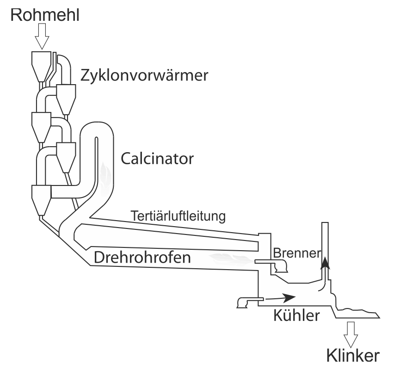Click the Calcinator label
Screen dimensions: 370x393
tap(156, 159)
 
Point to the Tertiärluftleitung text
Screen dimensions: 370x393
tap(178, 216)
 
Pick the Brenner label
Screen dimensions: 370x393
tap(296, 253)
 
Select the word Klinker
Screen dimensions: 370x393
tap(354, 356)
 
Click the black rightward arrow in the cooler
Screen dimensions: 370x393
tap(282, 296)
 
